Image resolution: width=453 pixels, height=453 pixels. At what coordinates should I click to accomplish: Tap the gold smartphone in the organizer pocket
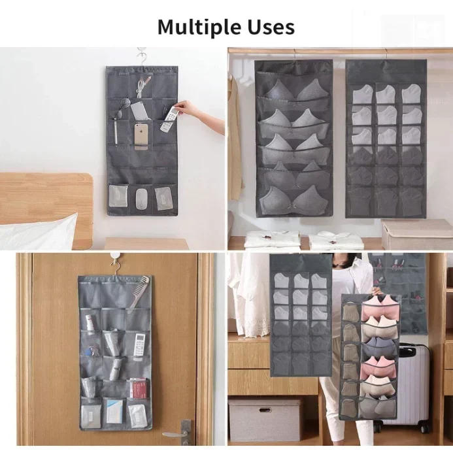pos(141,137)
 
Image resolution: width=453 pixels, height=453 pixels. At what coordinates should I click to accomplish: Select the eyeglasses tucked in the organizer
pos(120,108)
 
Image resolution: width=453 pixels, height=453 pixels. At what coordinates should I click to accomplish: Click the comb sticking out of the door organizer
pos(139,294)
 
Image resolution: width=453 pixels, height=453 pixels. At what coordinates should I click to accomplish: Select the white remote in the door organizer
pos(139,345)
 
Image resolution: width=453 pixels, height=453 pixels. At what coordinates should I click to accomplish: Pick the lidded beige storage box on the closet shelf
pos(416,234)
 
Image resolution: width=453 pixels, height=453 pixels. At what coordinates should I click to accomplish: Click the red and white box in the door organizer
pos(137,388)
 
